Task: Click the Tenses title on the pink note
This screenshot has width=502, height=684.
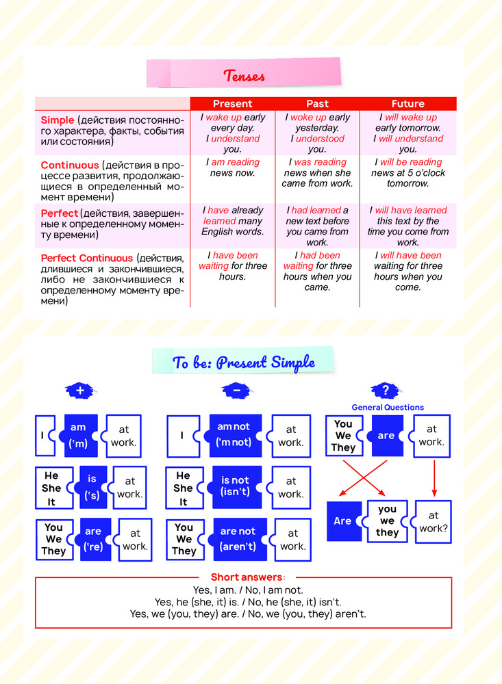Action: tap(244, 75)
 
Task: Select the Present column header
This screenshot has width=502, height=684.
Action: tap(233, 104)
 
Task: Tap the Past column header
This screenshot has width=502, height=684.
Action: tap(317, 104)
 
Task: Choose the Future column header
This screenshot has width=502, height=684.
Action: tap(408, 104)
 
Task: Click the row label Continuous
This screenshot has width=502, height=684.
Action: tap(70, 166)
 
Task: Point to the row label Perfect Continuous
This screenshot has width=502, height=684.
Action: tap(87, 259)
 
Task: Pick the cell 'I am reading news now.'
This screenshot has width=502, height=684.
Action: tap(233, 168)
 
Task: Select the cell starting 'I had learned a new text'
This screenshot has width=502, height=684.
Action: tap(317, 226)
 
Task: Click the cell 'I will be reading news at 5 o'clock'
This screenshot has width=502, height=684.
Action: tap(408, 173)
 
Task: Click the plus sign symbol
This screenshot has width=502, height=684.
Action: tap(79, 391)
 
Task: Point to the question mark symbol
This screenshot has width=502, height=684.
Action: tap(386, 391)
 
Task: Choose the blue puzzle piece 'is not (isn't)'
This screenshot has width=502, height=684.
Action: tap(235, 487)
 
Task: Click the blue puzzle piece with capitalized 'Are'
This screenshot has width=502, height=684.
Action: tap(343, 521)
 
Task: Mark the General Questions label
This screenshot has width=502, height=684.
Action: tap(388, 408)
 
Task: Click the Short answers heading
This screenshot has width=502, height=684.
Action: tap(244, 577)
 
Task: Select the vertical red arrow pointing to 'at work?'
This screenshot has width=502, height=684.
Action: tap(434, 477)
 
